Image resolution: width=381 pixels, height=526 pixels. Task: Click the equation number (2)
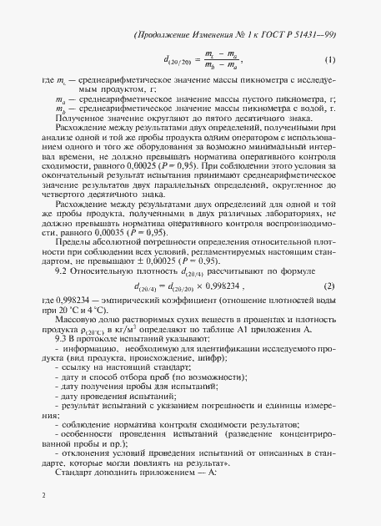coord(329,286)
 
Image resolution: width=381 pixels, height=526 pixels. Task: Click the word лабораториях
coord(281,217)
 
